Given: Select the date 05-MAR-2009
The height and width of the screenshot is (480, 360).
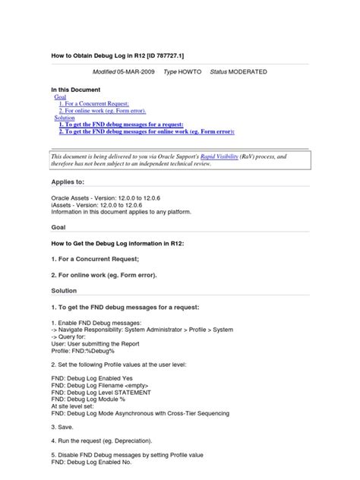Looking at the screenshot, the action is [134, 72].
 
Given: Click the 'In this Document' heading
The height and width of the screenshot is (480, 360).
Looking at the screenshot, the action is [75, 90].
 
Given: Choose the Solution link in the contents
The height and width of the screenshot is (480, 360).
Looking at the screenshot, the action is [65, 118].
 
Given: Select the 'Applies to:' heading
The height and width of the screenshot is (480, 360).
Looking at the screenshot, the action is [68, 183].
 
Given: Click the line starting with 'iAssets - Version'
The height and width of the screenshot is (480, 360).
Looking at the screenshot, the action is [103, 205].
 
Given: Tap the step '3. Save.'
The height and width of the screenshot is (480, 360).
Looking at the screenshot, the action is [65, 427].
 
